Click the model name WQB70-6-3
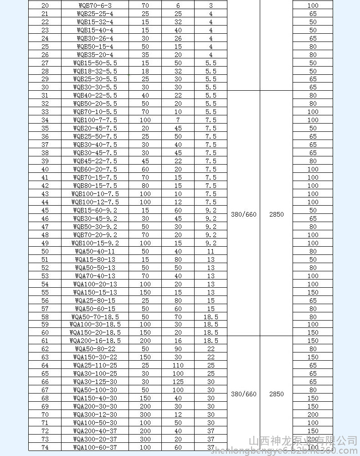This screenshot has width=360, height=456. [94, 5]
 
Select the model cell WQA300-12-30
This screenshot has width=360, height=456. [95, 415]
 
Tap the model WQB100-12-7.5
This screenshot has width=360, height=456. [95, 202]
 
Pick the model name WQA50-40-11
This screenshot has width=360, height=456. [95, 251]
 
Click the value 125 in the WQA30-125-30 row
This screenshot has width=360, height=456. [178, 382]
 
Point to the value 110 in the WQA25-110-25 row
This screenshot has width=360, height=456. [178, 365]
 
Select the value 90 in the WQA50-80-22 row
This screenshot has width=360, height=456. [178, 349]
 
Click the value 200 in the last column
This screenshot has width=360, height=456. [313, 415]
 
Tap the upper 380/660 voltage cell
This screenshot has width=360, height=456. [243, 214]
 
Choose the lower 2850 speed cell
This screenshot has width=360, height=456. [276, 394]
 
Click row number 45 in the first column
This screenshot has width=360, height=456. [45, 210]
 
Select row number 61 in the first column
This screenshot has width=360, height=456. [45, 341]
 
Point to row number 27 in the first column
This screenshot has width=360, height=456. [45, 63]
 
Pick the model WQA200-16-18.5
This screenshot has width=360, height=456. [95, 341]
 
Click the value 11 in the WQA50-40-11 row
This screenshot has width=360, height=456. [211, 251]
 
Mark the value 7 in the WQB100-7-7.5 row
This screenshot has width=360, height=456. [178, 120]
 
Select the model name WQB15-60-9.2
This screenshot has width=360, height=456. [95, 210]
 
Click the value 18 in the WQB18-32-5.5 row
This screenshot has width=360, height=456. [145, 71]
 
